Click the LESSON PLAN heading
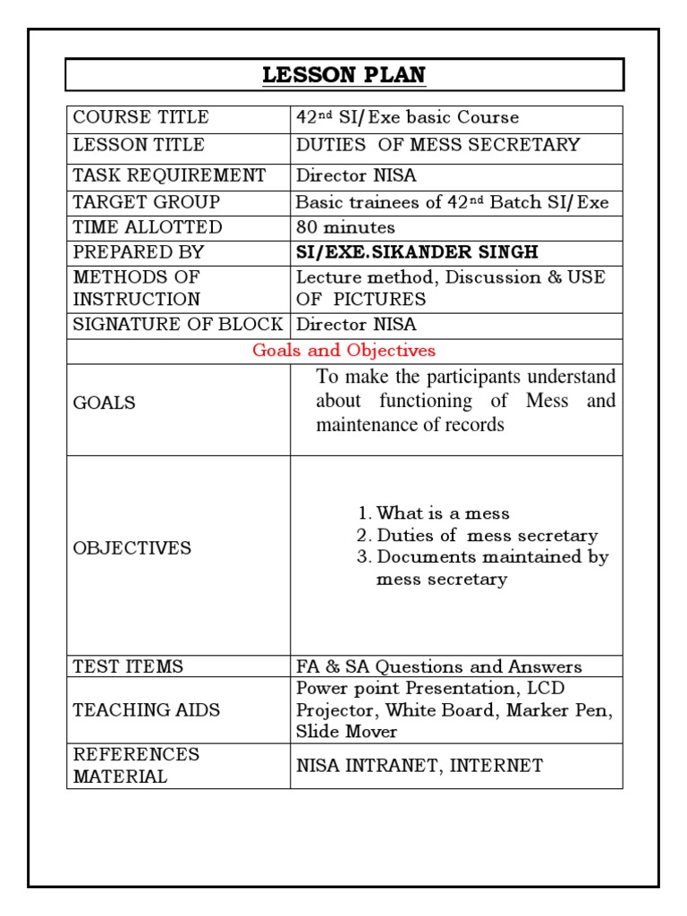(x=344, y=75)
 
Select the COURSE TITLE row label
(x=140, y=117)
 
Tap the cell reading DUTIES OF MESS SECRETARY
(x=437, y=145)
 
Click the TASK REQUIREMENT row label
(x=169, y=174)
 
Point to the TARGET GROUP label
(x=146, y=202)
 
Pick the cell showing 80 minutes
(x=345, y=227)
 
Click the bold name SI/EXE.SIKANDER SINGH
(x=418, y=252)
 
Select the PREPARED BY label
(x=138, y=252)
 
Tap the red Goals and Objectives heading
(x=343, y=351)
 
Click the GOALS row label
(x=104, y=403)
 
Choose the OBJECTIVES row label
(x=131, y=547)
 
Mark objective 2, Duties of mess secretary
(x=487, y=536)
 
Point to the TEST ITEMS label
(x=128, y=666)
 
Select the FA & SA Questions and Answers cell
(x=438, y=666)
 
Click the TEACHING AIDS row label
(x=146, y=710)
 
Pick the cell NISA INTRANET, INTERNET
(x=419, y=765)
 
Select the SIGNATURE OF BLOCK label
(x=177, y=324)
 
